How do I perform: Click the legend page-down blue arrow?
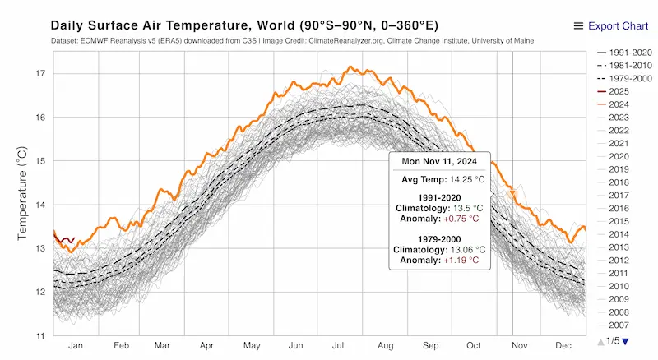coord(625,341)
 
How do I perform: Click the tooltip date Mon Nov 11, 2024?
coord(439,162)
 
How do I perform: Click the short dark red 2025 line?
coord(63,240)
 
